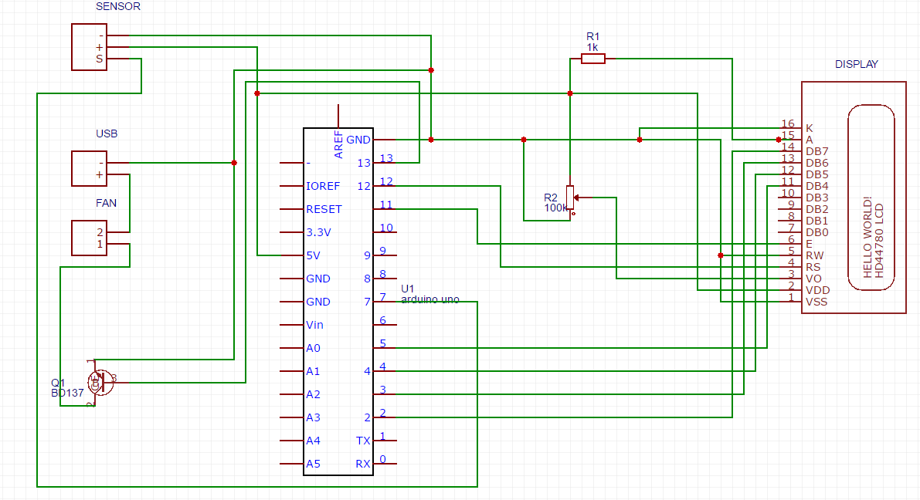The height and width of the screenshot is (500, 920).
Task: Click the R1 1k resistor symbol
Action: (592, 58)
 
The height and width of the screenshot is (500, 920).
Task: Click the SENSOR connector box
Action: (89, 47)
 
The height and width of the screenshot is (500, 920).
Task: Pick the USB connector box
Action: (89, 168)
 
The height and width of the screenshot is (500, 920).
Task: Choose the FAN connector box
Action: (89, 238)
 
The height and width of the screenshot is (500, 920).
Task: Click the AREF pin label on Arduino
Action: (338, 144)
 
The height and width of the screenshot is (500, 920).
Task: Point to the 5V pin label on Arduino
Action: (314, 255)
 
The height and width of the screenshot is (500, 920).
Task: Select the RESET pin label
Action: (324, 209)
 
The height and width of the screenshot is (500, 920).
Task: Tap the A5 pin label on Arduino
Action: (313, 464)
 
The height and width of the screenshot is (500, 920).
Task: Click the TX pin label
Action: (363, 441)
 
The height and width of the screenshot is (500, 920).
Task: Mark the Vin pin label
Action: (315, 325)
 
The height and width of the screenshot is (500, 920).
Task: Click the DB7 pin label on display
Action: (816, 151)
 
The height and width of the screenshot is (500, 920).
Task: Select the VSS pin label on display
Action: (816, 302)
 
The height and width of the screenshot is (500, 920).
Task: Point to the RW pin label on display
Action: (814, 255)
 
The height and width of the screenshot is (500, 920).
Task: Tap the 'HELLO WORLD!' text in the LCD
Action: (867, 237)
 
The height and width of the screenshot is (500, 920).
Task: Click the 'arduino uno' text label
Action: (429, 299)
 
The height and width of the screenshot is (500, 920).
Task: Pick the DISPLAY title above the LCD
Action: (856, 64)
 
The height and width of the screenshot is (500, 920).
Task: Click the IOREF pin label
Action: (323, 186)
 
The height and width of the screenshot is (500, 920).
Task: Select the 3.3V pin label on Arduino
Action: (318, 232)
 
